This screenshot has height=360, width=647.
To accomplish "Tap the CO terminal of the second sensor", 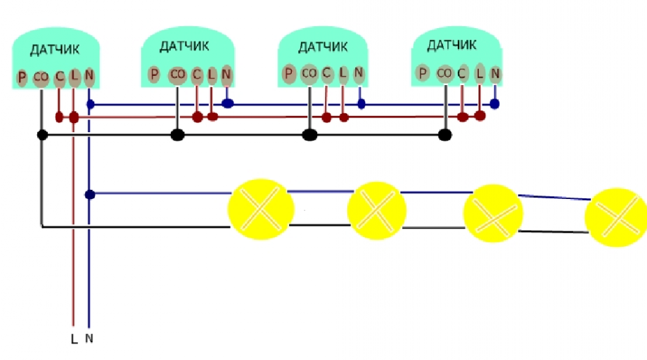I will click(177, 74).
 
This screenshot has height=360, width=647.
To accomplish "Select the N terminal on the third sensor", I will click(359, 72).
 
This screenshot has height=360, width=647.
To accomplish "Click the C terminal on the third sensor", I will click(326, 72).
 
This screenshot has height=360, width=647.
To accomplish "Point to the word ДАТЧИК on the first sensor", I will click(55, 50).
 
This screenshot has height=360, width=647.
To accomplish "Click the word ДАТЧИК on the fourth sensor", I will click(451, 45).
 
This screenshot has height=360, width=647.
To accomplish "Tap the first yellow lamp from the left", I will click(258, 208).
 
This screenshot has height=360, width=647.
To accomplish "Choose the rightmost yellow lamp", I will click(615, 217).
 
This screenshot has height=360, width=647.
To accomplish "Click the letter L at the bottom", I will click(73, 339).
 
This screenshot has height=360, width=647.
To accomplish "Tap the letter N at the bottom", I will click(89, 338).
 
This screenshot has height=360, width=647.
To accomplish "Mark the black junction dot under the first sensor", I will click(42, 134).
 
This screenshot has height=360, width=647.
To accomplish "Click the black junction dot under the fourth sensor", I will click(444, 135).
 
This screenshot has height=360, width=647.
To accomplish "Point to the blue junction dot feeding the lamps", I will click(90, 193).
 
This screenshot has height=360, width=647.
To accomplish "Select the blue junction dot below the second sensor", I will click(227, 103).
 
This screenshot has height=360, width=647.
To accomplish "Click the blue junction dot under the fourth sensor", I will click(495, 103).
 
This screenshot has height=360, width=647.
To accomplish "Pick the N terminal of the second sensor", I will click(226, 73).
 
